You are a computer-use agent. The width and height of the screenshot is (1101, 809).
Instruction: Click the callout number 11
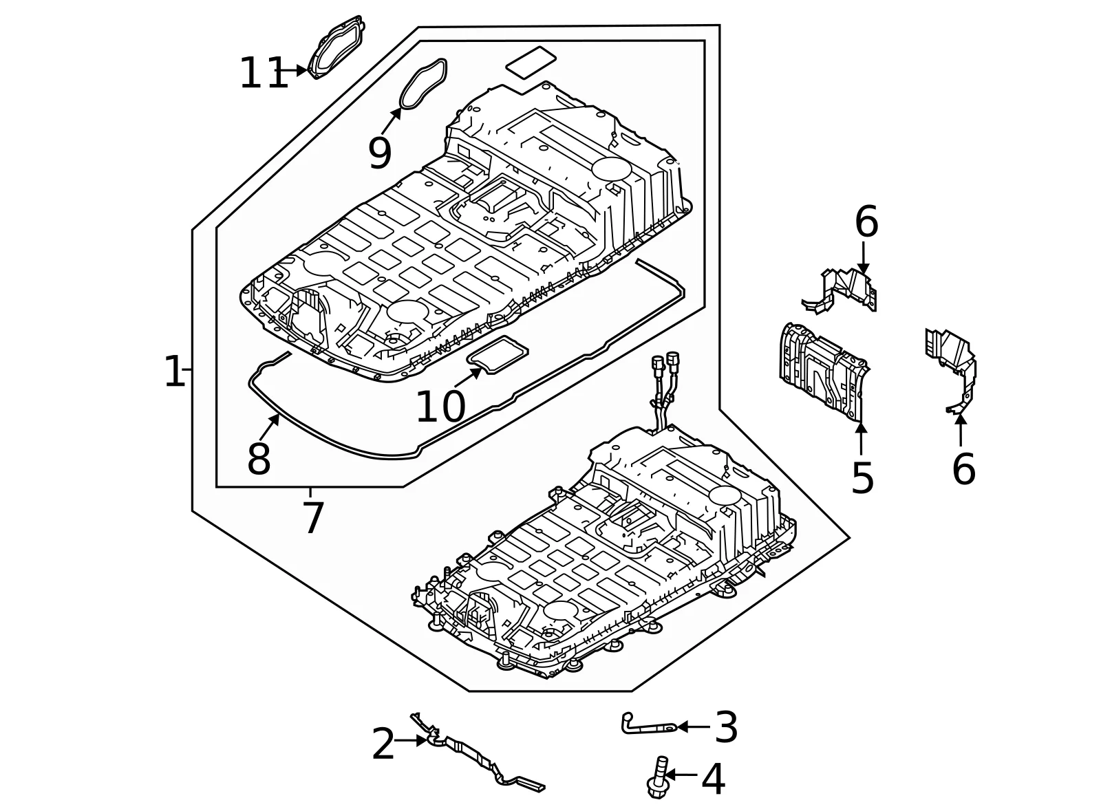tap(264, 73)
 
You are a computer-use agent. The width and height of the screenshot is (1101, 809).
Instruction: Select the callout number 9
tap(380, 153)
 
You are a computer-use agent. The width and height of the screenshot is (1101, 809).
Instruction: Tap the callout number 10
tap(440, 407)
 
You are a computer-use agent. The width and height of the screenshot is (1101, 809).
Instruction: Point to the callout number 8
tap(259, 459)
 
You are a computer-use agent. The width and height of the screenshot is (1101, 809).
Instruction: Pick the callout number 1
tap(174, 371)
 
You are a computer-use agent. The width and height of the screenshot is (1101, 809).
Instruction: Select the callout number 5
tap(862, 478)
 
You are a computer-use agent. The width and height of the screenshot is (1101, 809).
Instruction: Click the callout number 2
tap(383, 744)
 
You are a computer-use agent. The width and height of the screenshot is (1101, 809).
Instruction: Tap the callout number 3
tap(726, 727)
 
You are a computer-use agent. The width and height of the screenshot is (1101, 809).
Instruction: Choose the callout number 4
tap(713, 779)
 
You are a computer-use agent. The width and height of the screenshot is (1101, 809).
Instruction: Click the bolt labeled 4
tap(658, 777)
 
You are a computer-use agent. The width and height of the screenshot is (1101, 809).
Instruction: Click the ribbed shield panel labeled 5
tap(824, 372)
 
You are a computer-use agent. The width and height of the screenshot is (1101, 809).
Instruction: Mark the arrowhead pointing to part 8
tap(275, 420)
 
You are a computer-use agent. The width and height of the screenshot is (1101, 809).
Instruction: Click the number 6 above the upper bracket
tap(866, 222)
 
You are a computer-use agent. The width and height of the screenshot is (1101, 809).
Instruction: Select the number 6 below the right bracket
tap(963, 469)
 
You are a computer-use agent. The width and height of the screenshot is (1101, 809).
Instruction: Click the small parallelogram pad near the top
tap(531, 62)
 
